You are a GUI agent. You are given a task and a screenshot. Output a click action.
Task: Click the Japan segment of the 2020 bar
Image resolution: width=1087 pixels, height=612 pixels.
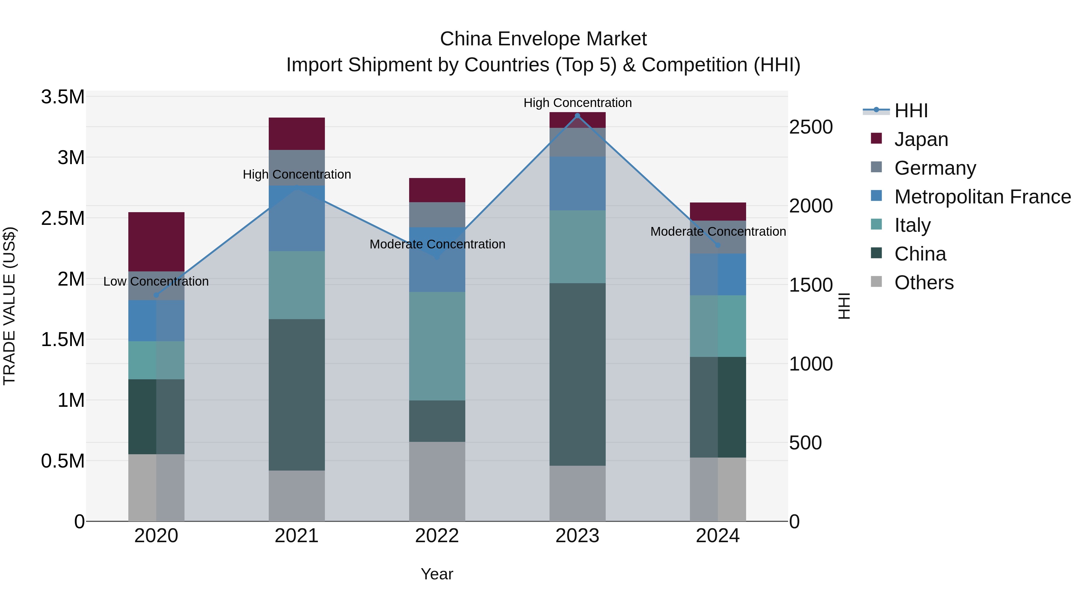[156, 241]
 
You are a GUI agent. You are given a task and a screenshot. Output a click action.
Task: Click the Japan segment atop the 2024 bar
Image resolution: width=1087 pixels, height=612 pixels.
[717, 211]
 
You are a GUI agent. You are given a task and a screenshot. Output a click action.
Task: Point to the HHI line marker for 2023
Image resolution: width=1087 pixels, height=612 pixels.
[577, 115]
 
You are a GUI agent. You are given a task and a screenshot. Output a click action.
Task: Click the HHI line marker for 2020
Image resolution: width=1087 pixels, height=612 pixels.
[156, 295]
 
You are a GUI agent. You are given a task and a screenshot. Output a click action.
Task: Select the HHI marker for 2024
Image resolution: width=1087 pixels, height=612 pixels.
[717, 245]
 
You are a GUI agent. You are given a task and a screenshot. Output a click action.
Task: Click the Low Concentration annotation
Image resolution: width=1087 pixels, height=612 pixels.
[156, 281]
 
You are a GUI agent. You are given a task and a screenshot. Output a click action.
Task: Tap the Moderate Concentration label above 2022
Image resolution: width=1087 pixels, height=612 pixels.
[437, 244]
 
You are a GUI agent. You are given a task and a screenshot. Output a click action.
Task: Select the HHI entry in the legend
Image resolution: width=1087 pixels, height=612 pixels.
[911, 111]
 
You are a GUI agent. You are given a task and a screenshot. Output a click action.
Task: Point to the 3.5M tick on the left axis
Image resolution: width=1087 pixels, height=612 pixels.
[63, 97]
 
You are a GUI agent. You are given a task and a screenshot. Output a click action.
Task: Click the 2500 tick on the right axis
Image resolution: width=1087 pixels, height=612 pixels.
[811, 127]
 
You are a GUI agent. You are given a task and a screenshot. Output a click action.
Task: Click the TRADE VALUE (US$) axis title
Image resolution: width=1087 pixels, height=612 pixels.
[9, 306]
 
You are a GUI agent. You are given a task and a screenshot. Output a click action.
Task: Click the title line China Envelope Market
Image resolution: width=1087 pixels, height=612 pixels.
[543, 39]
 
